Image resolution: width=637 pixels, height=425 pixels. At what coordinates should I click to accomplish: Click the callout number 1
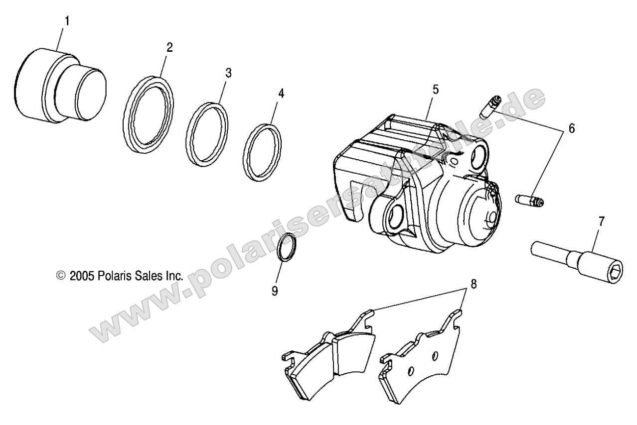(67, 21)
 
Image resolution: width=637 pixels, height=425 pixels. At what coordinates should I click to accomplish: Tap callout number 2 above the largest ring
(169, 48)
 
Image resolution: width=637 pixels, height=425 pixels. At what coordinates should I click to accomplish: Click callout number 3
(228, 73)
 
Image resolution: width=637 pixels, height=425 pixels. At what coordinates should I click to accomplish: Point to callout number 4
(281, 93)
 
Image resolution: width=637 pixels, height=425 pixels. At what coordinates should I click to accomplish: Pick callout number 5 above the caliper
(436, 90)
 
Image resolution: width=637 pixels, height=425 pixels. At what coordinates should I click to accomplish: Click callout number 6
(571, 129)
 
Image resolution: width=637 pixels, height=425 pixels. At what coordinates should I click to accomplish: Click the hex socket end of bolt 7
(615, 272)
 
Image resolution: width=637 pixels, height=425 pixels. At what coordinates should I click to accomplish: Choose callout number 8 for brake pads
(473, 285)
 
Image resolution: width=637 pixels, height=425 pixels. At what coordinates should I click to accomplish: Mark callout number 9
(275, 291)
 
